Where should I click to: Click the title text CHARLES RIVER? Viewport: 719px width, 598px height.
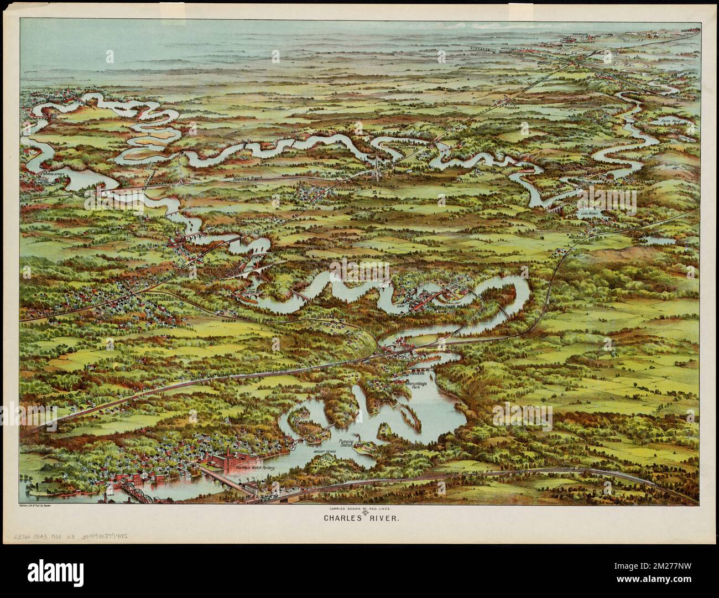pyautogui.click(x=359, y=519)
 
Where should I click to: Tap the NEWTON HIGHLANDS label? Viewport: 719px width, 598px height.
pyautogui.click(x=160, y=298)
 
